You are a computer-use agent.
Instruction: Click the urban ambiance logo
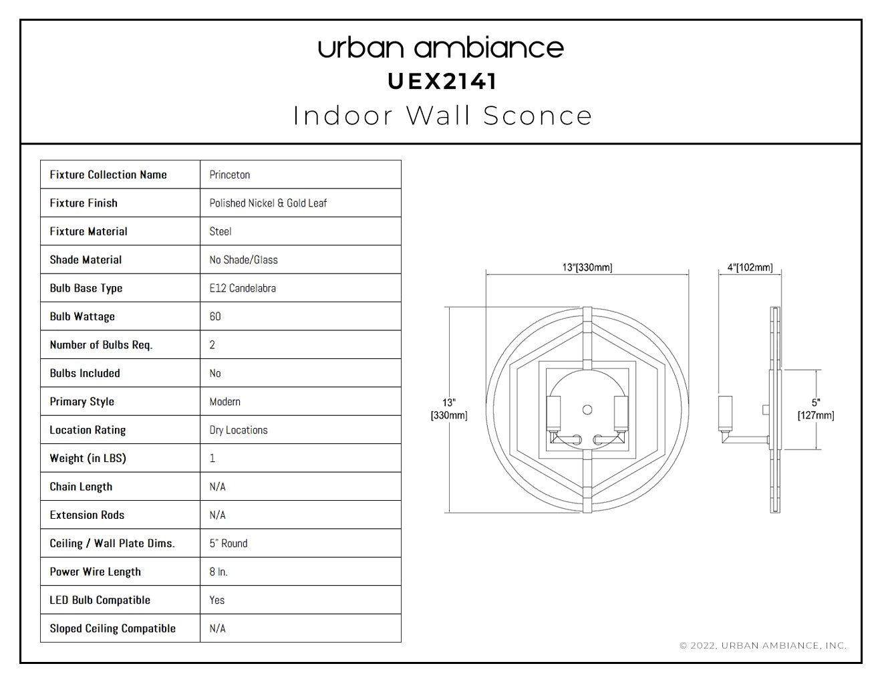click(x=441, y=48)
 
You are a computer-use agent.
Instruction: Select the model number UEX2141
click(x=442, y=82)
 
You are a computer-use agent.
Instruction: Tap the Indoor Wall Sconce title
click(x=442, y=116)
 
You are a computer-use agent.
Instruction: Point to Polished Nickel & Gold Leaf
click(x=268, y=203)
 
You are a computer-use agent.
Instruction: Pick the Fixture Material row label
click(x=88, y=231)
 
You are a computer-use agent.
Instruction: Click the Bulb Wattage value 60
click(x=215, y=316)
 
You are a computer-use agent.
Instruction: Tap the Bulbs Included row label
click(x=85, y=373)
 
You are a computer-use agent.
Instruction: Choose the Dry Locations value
click(x=239, y=430)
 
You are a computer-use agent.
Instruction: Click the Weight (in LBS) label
click(x=88, y=458)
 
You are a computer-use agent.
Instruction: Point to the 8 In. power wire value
click(x=218, y=572)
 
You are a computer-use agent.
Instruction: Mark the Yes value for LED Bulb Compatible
click(x=216, y=600)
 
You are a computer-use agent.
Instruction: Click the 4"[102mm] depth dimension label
click(x=750, y=267)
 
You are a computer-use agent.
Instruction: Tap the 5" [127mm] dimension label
click(x=816, y=409)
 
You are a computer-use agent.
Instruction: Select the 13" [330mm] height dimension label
click(x=449, y=409)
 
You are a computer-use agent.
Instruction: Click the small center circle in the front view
click(x=587, y=410)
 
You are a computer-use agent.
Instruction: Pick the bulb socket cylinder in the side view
click(x=726, y=413)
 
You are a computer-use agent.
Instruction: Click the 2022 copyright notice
click(x=763, y=645)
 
